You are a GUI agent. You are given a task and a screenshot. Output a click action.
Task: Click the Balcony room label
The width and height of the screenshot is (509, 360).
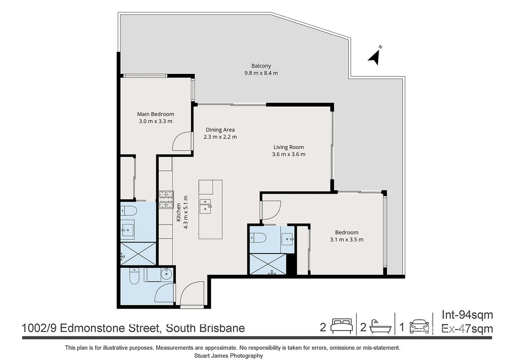tap(261, 66)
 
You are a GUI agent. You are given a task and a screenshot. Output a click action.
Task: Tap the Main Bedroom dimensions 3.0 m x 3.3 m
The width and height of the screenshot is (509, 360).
tap(155, 121)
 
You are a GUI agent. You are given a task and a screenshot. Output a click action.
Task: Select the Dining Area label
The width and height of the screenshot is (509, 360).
tap(220, 130)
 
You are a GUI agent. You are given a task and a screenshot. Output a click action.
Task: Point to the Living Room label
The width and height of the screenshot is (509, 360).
tap(288, 147)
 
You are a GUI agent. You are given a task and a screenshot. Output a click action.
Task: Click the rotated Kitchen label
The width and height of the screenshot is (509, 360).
tap(179, 212)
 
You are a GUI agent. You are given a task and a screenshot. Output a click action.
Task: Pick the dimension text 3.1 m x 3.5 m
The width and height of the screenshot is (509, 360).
tap(347, 239)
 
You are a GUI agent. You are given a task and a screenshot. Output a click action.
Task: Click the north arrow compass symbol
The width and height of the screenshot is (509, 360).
tap(374, 56)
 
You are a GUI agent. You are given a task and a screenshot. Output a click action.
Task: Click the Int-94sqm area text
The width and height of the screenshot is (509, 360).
tap(467, 315)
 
